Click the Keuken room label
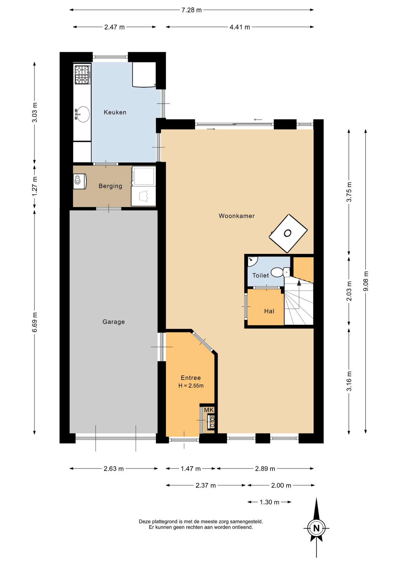[115, 112]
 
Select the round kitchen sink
[82, 114]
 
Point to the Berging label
[110, 186]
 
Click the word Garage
[114, 322]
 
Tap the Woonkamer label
[237, 216]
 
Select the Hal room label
[269, 311]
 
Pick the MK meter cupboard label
[209, 410]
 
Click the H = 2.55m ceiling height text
[191, 386]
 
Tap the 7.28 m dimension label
[191, 10]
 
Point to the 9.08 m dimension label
[366, 281]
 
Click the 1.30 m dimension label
[269, 502]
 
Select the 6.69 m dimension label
[35, 322]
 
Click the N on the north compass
[316, 528]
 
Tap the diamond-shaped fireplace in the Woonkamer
[288, 233]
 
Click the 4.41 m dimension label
[240, 27]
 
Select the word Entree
[191, 378]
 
